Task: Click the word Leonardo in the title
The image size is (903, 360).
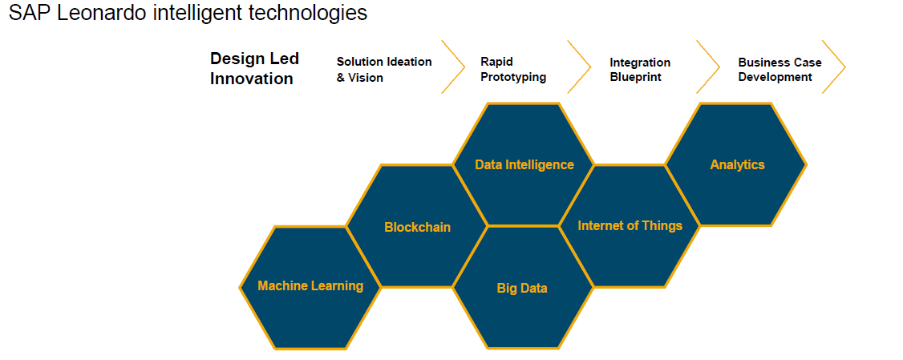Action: pyautogui.click(x=101, y=14)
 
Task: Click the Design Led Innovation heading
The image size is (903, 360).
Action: pyautogui.click(x=254, y=68)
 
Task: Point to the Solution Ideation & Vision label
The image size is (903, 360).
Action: pyautogui.click(x=383, y=69)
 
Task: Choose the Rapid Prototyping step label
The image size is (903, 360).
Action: pyautogui.click(x=513, y=69)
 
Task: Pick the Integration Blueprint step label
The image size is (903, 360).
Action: pyautogui.click(x=640, y=70)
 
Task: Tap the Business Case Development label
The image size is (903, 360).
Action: pyautogui.click(x=779, y=69)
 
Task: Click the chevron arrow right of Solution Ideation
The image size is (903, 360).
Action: pyautogui.click(x=454, y=67)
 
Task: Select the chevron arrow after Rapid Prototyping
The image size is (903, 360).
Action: pyautogui.click(x=580, y=67)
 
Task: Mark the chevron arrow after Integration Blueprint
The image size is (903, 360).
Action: pyautogui.click(x=709, y=67)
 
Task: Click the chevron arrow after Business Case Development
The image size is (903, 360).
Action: pyautogui.click(x=834, y=67)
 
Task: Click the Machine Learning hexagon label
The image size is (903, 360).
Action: pyautogui.click(x=310, y=285)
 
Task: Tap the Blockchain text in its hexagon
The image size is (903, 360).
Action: pyautogui.click(x=417, y=227)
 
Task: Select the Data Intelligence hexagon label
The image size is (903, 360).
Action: pyautogui.click(x=524, y=164)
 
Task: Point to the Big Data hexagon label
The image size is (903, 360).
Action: pyautogui.click(x=522, y=288)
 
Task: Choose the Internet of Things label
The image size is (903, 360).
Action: pyautogui.click(x=630, y=225)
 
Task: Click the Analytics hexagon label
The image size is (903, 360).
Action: pyautogui.click(x=737, y=164)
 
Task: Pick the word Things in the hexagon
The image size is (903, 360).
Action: pyautogui.click(x=662, y=225)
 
